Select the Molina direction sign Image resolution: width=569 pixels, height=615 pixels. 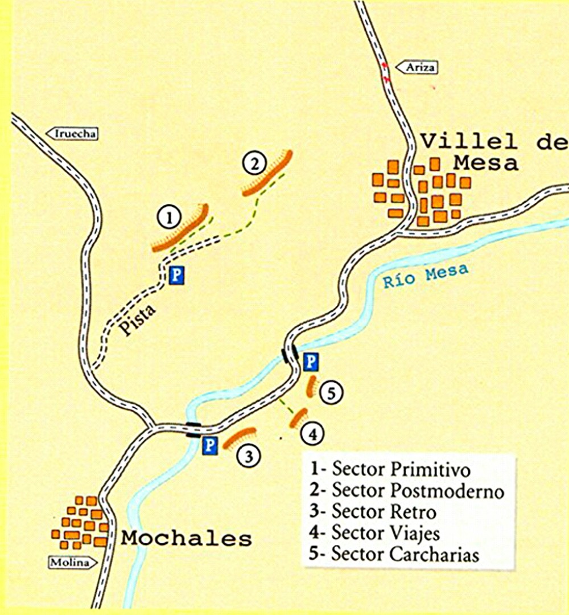click(x=70, y=563)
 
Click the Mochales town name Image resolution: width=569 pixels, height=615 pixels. click(x=186, y=538)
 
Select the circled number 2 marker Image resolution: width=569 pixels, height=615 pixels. click(x=254, y=164)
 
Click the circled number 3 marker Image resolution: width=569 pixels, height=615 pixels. click(x=249, y=455)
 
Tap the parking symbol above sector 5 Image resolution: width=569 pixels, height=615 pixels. click(x=311, y=361)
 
